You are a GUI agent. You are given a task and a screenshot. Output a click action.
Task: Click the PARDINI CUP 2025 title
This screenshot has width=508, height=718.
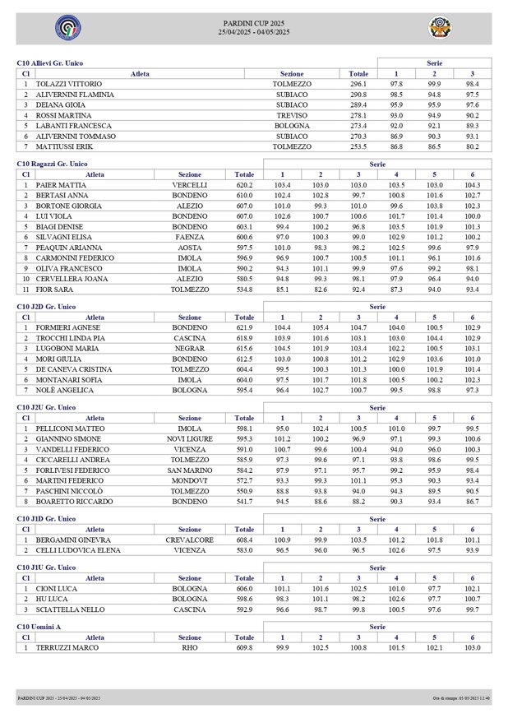(x=253, y=22)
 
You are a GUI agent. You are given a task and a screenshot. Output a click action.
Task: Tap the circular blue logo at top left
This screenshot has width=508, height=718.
(x=67, y=28)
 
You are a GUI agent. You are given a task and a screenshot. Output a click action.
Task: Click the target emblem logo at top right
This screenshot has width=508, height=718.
(x=441, y=28)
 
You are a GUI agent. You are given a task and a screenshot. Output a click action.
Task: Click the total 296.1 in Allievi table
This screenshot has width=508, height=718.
(x=358, y=85)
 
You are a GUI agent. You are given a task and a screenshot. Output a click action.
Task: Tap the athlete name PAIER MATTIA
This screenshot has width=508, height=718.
(x=55, y=185)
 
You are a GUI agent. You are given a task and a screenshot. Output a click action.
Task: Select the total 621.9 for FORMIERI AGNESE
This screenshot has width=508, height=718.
(x=244, y=327)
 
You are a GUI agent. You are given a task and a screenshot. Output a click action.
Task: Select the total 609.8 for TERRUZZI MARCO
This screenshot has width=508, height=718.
(x=244, y=647)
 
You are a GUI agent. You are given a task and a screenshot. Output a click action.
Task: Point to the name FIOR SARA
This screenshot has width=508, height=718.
(x=52, y=289)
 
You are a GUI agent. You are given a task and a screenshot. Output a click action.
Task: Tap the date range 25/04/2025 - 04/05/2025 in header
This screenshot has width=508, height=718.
(x=253, y=32)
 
